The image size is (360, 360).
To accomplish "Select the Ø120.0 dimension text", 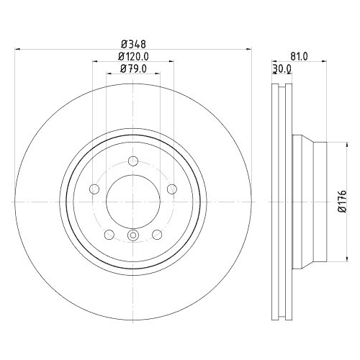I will (x=132, y=56).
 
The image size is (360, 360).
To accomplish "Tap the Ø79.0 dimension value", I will (x=132, y=69).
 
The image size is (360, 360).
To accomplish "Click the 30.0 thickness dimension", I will (x=282, y=69).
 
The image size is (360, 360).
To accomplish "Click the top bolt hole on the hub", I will (x=132, y=161).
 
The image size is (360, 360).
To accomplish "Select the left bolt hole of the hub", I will (x=94, y=189).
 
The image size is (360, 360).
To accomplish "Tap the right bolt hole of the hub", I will (x=171, y=189).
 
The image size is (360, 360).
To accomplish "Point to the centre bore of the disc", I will (x=132, y=202).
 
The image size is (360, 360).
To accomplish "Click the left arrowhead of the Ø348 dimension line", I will (x=17, y=49).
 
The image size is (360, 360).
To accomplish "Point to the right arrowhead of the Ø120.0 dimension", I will (x=170, y=61).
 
